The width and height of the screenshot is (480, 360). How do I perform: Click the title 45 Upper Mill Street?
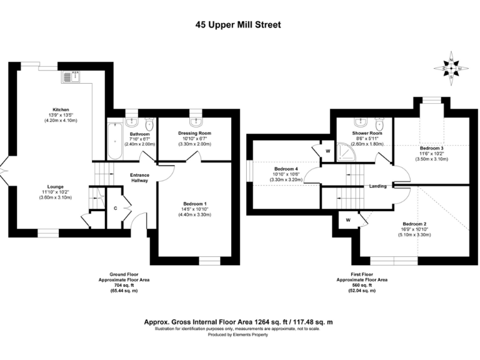click(239, 25)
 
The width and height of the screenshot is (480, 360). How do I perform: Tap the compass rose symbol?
click(451, 66)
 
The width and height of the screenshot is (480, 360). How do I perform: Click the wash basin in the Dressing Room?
click(196, 118)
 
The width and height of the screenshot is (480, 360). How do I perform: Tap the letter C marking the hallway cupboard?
click(115, 207)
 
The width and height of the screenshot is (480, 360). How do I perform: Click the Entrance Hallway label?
click(139, 177)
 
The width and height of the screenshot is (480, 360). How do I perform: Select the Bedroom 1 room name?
click(196, 204)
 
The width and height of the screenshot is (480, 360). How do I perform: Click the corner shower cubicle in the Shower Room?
click(343, 151)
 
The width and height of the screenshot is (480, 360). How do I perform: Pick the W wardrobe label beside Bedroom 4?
click(327, 151)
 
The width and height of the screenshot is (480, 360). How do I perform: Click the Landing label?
click(378, 186)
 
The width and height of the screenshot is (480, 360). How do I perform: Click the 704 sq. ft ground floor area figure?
click(124, 286)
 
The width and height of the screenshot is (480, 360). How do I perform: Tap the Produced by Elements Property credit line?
click(239, 335)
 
